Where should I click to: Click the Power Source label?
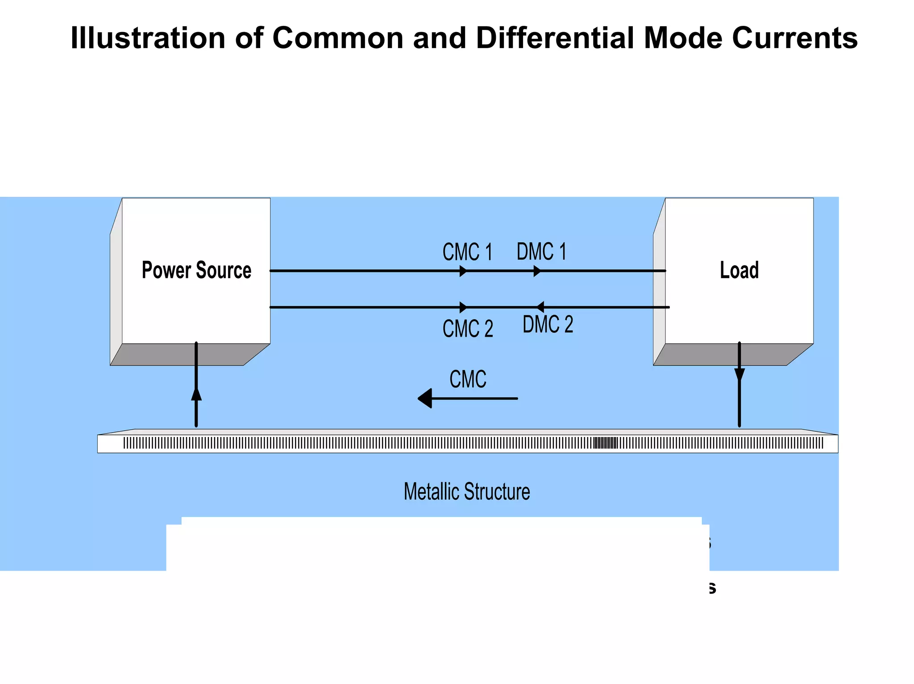click(196, 270)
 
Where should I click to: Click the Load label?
click(739, 270)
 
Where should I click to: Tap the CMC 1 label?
click(467, 252)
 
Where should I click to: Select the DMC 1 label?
click(541, 251)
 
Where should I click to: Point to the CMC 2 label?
click(468, 329)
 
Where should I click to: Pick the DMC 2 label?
click(548, 324)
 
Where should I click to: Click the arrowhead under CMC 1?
click(463, 271)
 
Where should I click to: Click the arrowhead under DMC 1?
click(537, 271)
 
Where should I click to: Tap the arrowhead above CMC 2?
click(463, 307)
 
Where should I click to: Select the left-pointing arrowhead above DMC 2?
click(540, 307)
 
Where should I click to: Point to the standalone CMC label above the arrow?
click(468, 379)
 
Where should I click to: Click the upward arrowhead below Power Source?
click(196, 394)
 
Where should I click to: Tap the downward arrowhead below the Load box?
click(740, 375)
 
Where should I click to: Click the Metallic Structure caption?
click(467, 491)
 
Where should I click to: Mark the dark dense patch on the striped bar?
click(606, 443)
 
